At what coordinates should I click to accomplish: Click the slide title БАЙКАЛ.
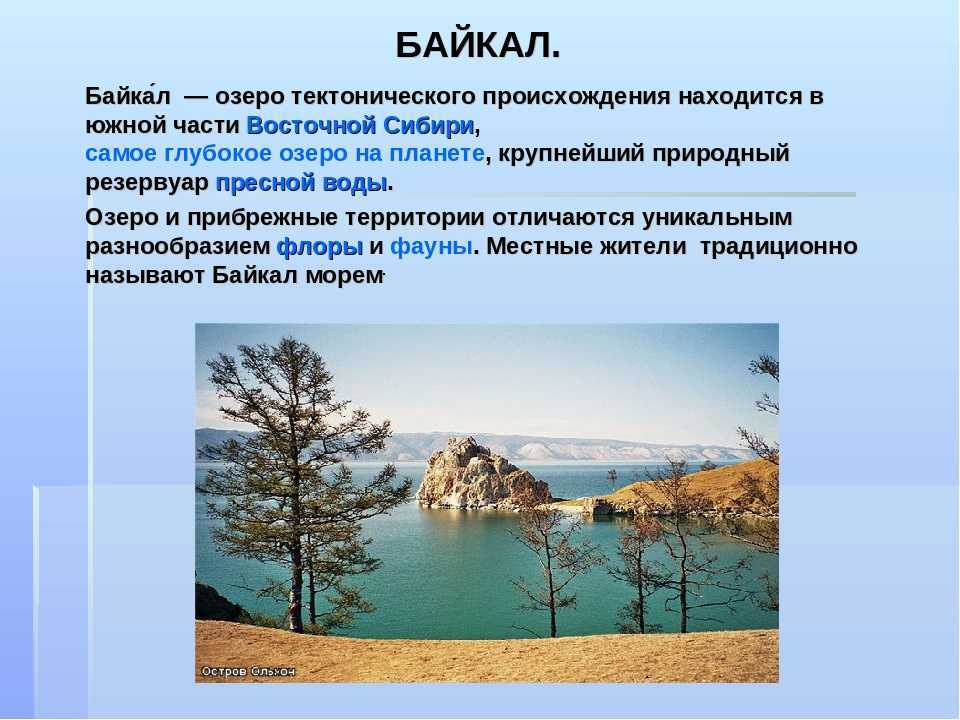coord(478,45)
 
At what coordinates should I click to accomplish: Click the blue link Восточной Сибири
coord(361,125)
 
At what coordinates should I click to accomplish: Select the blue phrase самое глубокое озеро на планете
coord(285,153)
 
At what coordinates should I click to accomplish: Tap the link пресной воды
coord(301,182)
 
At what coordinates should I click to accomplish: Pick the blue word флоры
coord(320,247)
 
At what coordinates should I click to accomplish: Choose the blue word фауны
coord(431,247)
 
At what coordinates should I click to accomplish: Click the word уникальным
coord(717,217)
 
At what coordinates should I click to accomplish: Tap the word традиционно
coord(778,247)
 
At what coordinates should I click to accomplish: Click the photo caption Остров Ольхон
coord(249,671)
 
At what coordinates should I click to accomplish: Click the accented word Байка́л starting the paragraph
coord(128,96)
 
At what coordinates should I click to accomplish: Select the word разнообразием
coord(178,247)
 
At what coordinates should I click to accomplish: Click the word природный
coord(721,153)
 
